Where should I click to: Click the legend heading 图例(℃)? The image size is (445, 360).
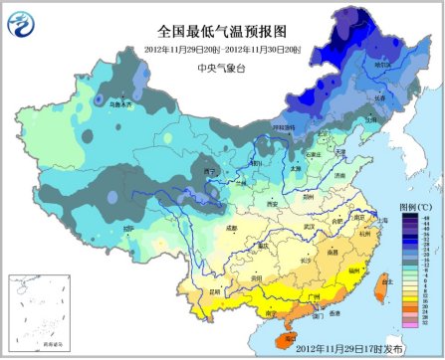click(415, 206)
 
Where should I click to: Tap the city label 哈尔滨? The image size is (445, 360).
click(382, 65)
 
